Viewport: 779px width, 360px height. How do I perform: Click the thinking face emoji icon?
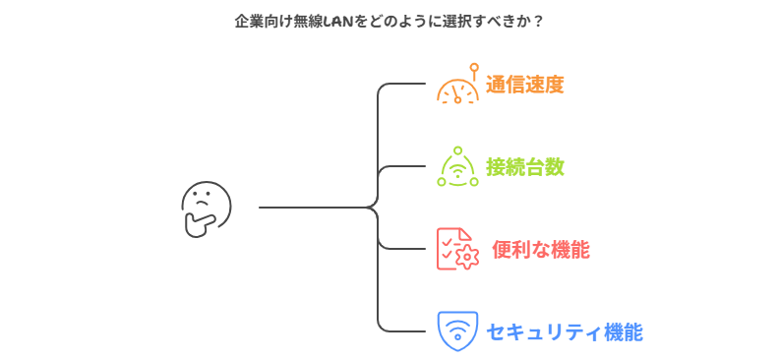[206, 208]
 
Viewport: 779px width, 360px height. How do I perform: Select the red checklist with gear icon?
[457, 249]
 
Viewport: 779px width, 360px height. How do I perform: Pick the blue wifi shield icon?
[457, 330]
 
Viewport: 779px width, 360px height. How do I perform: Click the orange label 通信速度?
[525, 85]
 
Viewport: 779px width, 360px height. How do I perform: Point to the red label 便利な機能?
[540, 250]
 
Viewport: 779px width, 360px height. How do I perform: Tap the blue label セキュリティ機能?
[565, 331]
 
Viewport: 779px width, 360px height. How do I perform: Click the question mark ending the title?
[538, 21]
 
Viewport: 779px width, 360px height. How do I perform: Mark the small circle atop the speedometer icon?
[474, 67]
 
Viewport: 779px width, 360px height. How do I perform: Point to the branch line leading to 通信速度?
[403, 85]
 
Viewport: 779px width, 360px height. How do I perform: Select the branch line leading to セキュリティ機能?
[403, 330]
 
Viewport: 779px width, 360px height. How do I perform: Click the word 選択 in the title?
[445, 21]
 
